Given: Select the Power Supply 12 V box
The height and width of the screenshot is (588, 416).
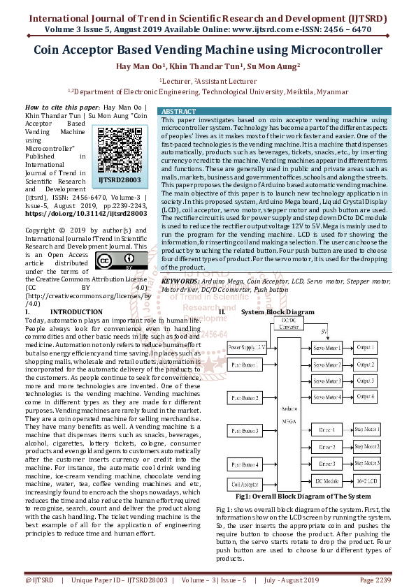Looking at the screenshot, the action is click(247, 347).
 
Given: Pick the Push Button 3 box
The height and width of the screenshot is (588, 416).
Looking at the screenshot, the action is click(246, 431).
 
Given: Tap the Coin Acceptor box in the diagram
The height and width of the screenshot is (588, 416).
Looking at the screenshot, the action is click(246, 483).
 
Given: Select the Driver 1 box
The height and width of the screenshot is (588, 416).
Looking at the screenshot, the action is click(327, 429).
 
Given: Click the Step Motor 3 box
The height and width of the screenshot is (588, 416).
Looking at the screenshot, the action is click(367, 464).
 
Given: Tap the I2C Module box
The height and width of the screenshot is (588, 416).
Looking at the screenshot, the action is click(327, 482).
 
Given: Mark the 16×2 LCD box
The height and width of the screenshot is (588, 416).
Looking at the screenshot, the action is click(367, 482).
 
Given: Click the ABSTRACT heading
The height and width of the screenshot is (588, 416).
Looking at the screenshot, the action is click(178, 112).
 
